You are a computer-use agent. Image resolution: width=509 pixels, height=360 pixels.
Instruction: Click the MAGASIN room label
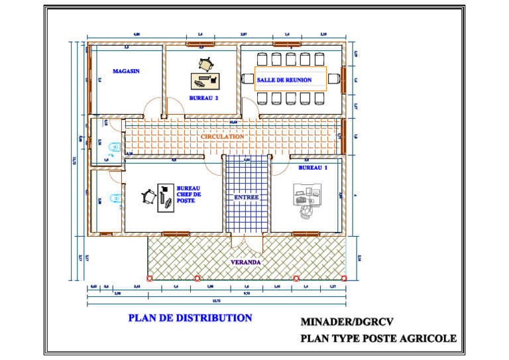tap(126, 70)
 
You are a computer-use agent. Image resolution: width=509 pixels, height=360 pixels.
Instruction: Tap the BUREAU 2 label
tap(203, 97)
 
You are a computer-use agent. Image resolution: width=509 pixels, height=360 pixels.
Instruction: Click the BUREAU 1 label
tap(313, 168)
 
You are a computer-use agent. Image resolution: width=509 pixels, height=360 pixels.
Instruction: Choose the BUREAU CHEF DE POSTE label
tap(188, 194)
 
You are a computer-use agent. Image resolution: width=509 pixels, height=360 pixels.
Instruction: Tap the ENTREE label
tap(246, 198)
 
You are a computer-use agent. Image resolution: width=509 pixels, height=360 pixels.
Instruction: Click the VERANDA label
tap(245, 263)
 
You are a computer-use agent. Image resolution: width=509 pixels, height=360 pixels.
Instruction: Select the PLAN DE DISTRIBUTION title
tap(190, 318)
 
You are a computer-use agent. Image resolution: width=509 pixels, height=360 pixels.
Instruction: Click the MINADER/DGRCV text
tap(347, 322)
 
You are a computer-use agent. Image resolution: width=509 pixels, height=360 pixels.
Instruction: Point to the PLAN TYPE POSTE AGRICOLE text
tap(378, 338)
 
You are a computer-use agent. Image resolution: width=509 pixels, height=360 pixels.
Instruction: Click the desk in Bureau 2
tap(205, 81)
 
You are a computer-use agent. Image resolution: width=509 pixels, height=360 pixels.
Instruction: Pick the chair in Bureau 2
tap(206, 64)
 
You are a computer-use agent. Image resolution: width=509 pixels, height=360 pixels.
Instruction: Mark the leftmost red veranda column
tap(149, 278)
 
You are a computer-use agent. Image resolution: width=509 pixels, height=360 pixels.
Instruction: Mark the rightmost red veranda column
tap(344, 278)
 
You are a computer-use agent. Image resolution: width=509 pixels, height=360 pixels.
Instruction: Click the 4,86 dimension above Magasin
tap(137, 33)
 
